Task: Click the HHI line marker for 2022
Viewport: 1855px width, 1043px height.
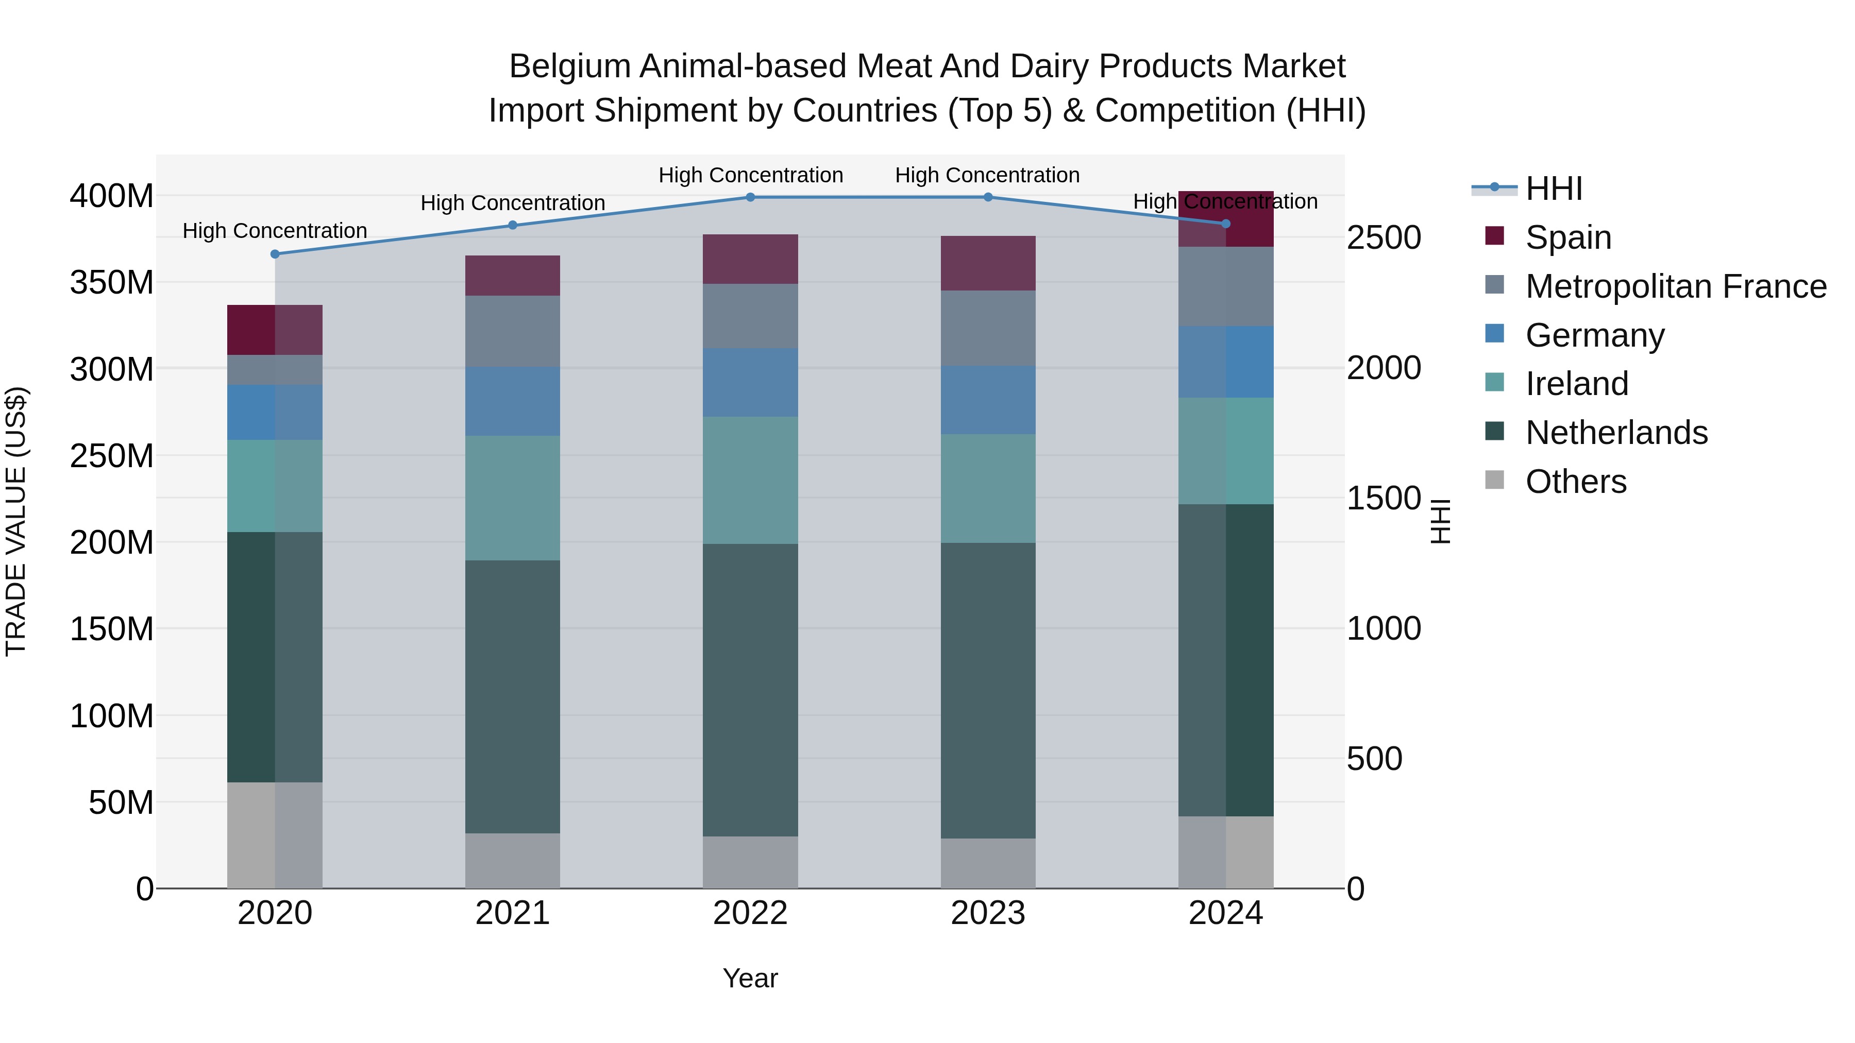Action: pos(750,197)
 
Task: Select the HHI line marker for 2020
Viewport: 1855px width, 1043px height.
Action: pos(275,254)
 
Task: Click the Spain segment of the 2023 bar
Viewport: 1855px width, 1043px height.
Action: pos(988,263)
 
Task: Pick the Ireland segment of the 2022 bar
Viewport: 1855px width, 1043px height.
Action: pos(750,480)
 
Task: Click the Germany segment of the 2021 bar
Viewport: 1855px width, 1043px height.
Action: pos(513,400)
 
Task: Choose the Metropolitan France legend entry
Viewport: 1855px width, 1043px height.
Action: pos(1675,286)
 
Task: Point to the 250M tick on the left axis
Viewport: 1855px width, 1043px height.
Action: pos(112,456)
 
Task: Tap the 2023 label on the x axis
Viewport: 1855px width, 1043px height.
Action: pos(988,913)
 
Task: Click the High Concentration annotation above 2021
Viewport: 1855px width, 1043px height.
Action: pos(513,203)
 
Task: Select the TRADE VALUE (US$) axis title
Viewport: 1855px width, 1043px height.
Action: pos(16,521)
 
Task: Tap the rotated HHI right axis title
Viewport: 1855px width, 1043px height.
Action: pos(1440,521)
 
